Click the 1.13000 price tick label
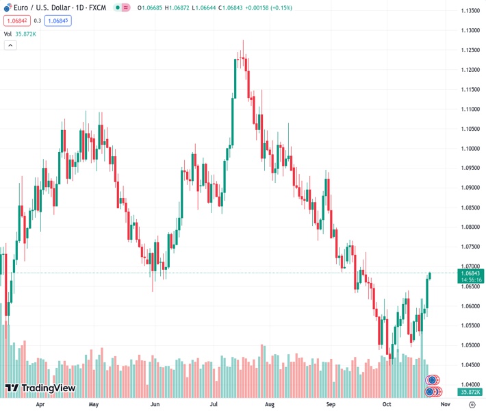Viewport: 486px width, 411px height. (470, 30)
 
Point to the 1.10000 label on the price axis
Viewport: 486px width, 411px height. (470, 149)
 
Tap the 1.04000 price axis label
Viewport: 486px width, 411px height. (470, 385)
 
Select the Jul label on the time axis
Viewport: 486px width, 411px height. (214, 404)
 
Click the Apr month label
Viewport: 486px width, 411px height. (40, 404)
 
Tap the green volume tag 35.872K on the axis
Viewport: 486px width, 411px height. (470, 392)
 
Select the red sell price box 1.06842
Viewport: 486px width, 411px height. (16, 21)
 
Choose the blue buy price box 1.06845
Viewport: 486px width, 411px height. (57, 21)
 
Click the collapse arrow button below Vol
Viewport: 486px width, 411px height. (10, 45)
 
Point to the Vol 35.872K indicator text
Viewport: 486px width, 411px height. (20, 34)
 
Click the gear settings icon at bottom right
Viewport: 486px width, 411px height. (472, 404)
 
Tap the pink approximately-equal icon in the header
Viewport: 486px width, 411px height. (126, 8)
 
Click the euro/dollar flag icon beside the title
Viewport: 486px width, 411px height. (6, 8)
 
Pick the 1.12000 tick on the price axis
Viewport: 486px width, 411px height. (470, 70)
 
